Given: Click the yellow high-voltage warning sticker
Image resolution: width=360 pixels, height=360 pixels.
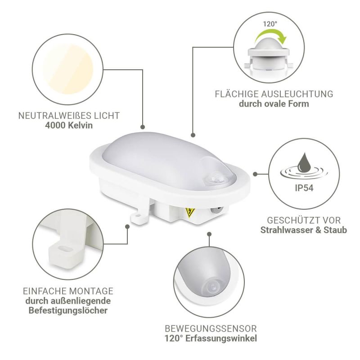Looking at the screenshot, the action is tap(190, 212).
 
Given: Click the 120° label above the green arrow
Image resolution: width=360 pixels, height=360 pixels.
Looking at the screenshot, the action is tap(270, 24).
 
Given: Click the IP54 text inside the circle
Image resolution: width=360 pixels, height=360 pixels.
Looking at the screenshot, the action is tap(304, 188).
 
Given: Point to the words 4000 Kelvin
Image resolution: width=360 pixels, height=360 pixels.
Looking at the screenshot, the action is tap(69, 126).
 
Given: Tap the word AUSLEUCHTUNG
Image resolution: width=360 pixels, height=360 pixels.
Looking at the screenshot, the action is tap(297, 94).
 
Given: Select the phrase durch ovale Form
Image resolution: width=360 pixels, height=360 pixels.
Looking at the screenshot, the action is tap(274, 104).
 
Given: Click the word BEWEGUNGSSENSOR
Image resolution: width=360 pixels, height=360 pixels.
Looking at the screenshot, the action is tap(211, 328).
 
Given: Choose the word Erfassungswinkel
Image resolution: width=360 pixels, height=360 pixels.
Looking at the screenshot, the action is tap(221, 338).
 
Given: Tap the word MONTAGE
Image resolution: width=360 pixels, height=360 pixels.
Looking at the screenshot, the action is tap(91, 291).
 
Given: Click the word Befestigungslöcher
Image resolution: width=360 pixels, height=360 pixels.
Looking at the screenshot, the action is tap(68, 310).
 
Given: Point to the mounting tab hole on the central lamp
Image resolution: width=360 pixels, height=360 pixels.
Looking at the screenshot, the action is tap(138, 216).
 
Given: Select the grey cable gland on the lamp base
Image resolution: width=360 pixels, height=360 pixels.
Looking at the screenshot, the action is tap(216, 210).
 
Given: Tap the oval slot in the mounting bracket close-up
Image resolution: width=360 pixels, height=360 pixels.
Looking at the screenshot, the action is tap(65, 249).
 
